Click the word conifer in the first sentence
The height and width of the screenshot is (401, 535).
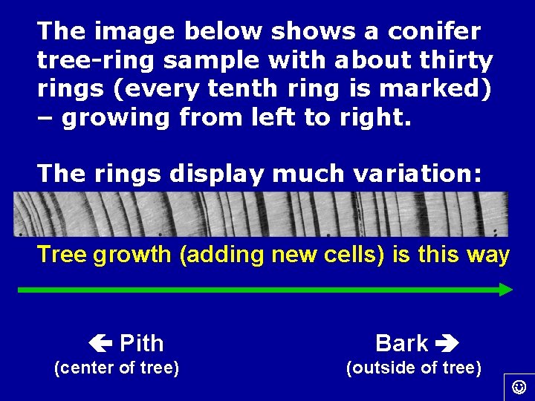pos(437,31)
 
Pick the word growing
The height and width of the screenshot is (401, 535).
pos(116,118)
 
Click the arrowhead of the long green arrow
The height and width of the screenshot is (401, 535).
pos(506,290)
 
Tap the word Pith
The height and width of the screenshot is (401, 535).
pos(141,343)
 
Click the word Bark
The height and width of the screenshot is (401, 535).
pos(402,343)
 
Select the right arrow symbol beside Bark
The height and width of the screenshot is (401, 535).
pos(448,344)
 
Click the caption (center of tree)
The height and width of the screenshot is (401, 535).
pos(117,368)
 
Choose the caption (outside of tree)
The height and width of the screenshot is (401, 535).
pos(414,368)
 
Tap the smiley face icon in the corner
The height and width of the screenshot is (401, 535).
pos(519,387)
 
